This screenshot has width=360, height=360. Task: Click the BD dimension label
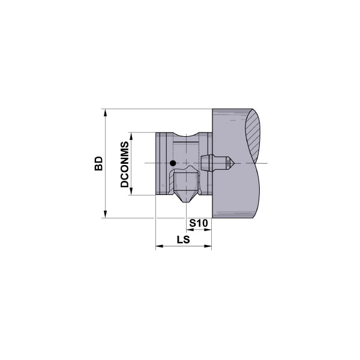coord(99,164)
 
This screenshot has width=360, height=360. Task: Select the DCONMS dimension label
coord(125,164)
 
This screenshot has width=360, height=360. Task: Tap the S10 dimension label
coord(198,224)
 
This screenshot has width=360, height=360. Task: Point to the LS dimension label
coord(184,240)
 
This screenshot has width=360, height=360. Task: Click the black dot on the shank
coord(173,163)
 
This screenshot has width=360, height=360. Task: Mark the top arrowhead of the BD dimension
coord(106,112)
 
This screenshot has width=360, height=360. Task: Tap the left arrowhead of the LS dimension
coord(158,246)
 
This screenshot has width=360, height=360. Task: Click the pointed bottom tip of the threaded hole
coord(184,202)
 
